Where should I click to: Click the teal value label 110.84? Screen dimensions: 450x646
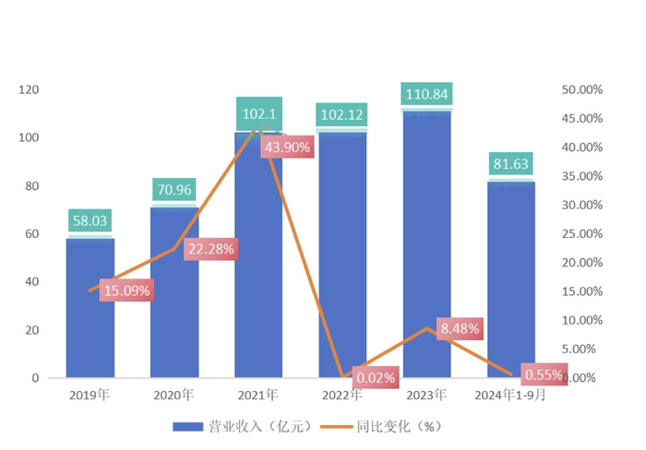coord(427,94)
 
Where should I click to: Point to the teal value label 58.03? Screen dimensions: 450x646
coord(90,221)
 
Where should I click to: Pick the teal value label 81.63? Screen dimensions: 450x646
coord(511,165)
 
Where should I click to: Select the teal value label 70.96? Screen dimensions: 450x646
coord(174,191)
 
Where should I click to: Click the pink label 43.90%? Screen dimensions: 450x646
coord(286,147)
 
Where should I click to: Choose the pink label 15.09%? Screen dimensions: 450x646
coord(126,290)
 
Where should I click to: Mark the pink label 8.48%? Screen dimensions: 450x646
coord(461,328)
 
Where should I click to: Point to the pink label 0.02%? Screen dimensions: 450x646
coord(376,377)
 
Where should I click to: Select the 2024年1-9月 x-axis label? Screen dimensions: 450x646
coord(511,396)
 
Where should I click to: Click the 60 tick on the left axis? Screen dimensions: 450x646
coord(31,234)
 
